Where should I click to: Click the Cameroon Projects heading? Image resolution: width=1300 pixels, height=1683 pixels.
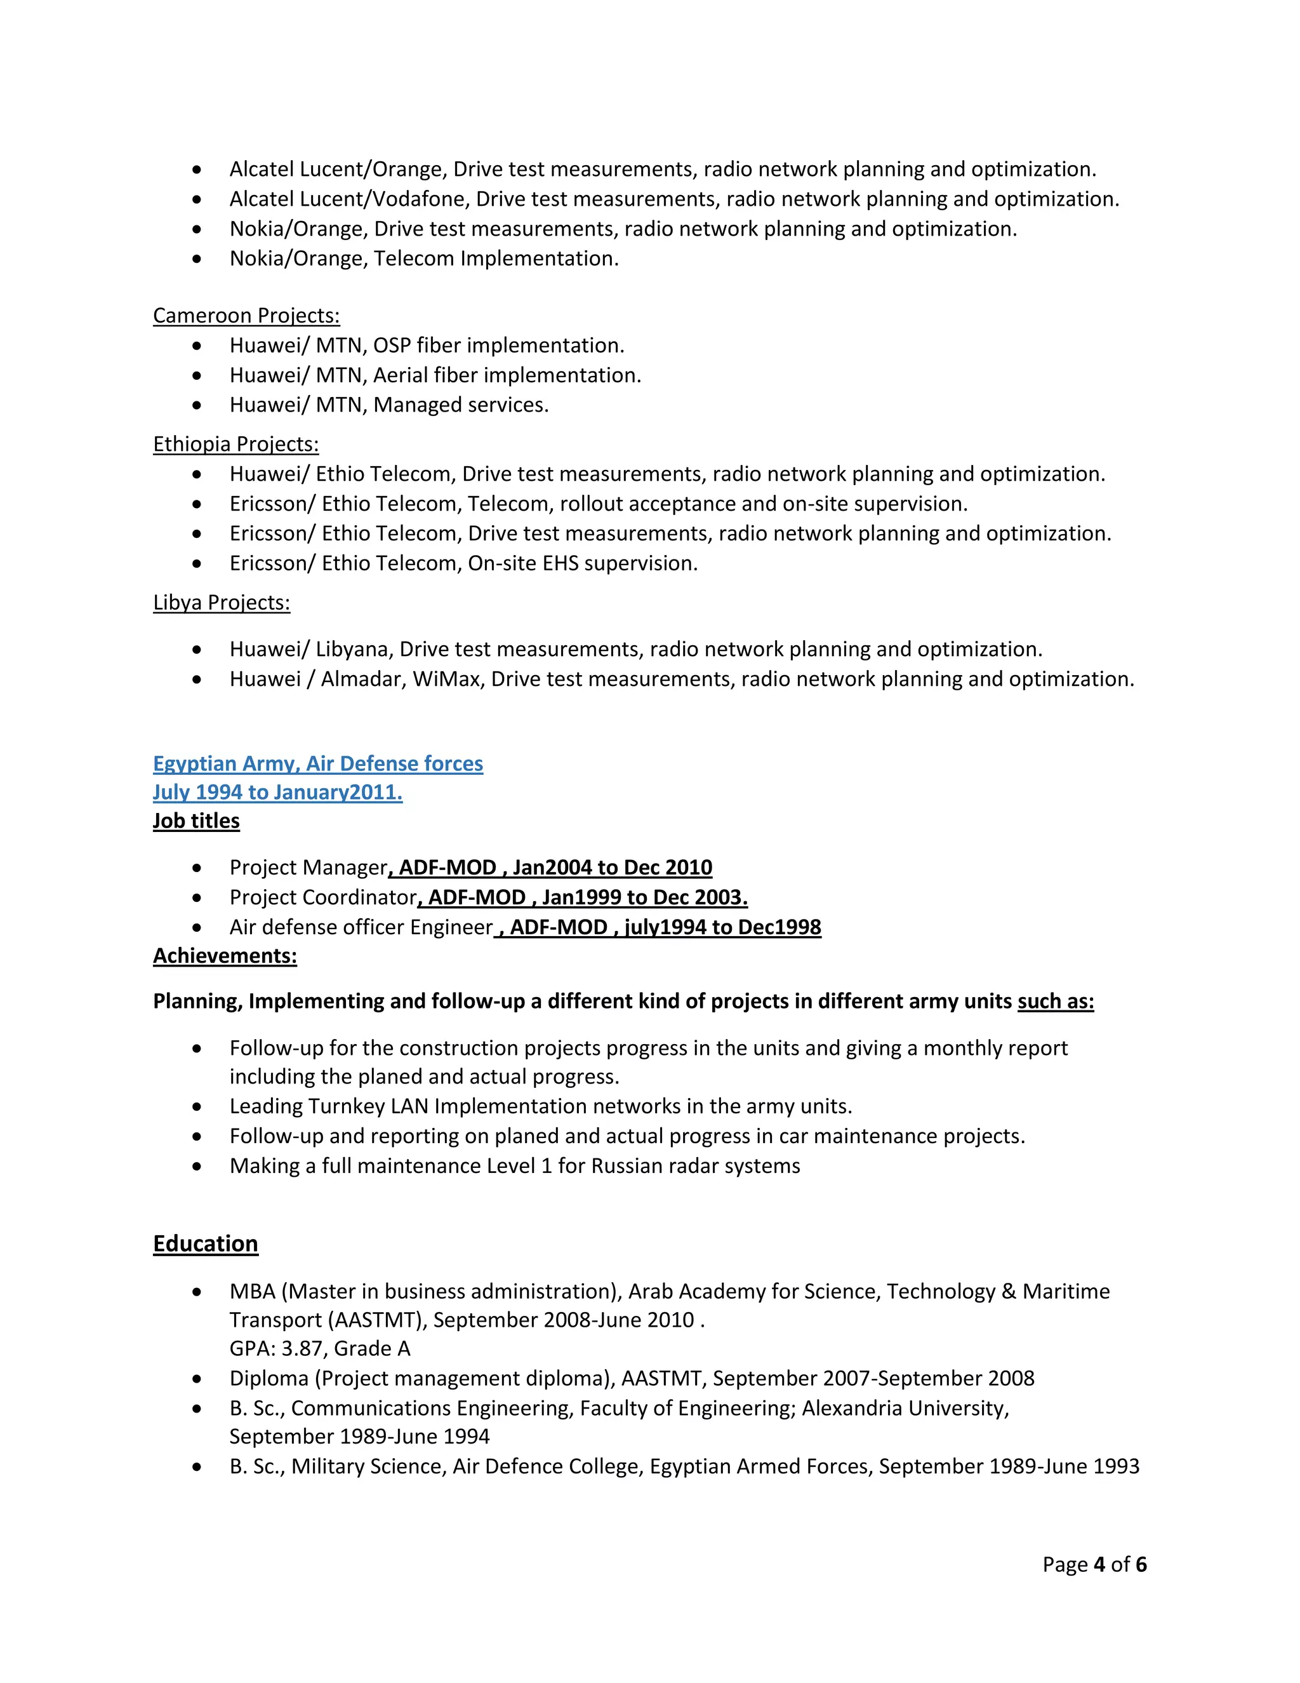click(246, 316)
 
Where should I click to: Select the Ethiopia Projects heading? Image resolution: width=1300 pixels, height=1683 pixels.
click(235, 445)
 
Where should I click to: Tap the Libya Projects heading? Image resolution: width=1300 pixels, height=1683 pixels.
click(221, 603)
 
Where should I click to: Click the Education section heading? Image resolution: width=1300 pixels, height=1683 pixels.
click(205, 1244)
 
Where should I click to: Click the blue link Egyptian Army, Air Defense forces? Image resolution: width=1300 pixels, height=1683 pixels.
click(317, 763)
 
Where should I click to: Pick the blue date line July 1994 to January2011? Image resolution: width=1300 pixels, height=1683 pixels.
click(277, 792)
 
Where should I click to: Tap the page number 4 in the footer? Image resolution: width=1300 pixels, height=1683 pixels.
click(1098, 1564)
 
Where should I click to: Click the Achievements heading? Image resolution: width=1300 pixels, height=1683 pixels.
click(224, 956)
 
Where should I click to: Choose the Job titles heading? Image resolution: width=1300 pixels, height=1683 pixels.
click(196, 821)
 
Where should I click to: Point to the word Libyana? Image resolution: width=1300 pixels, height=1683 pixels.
click(354, 650)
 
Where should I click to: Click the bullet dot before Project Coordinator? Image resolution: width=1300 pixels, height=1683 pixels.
click(197, 898)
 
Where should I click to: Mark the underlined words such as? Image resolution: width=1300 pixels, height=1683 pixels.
click(1055, 1002)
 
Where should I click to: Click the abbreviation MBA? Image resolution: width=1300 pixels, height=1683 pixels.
click(252, 1292)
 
